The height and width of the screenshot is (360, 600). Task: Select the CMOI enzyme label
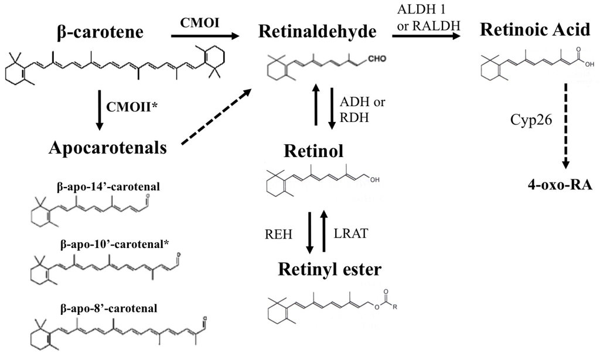pos(202,22)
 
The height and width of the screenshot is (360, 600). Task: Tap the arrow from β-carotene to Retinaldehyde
pos(205,36)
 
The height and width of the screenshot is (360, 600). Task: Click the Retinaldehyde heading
pos(317,32)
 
